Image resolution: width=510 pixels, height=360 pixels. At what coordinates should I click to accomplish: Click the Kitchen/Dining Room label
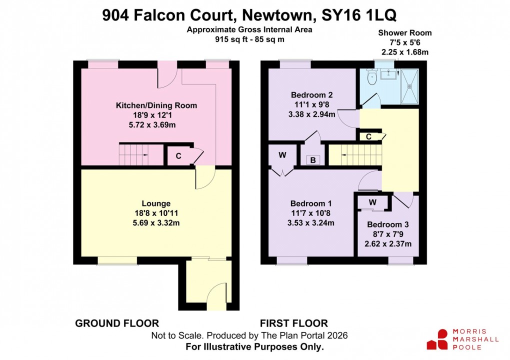click(x=156, y=105)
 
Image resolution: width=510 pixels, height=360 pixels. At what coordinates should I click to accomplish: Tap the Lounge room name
click(x=156, y=203)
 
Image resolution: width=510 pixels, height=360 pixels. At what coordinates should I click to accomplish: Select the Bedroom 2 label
click(x=312, y=94)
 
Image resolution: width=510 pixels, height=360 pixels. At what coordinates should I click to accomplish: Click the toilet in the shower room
click(x=371, y=77)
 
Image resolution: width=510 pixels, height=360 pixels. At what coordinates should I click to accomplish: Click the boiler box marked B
click(x=313, y=160)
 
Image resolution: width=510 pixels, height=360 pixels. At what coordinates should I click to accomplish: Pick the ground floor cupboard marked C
click(x=178, y=156)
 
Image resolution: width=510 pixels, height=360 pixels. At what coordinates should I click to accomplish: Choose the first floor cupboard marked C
click(x=368, y=136)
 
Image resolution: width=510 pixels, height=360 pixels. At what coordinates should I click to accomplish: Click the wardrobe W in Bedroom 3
click(x=372, y=202)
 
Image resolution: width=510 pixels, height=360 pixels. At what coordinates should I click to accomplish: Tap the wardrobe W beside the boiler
click(x=282, y=155)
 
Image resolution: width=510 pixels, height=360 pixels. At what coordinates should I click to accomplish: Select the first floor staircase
click(x=354, y=154)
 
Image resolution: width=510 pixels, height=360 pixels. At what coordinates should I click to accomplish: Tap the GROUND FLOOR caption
click(x=117, y=323)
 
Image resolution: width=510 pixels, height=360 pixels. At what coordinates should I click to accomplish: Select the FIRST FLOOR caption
click(x=294, y=323)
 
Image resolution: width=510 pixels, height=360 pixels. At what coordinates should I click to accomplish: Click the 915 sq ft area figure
click(x=228, y=39)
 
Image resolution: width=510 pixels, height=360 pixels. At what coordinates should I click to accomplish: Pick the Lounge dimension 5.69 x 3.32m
click(x=156, y=222)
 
